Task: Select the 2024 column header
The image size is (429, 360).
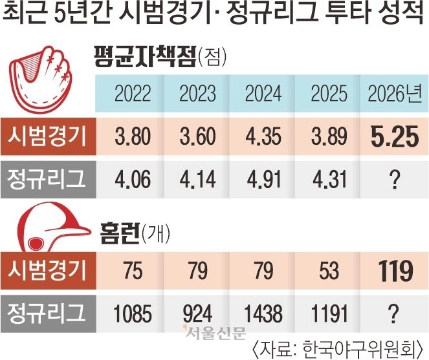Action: (x=263, y=94)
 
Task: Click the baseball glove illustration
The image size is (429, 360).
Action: (x=45, y=78)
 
